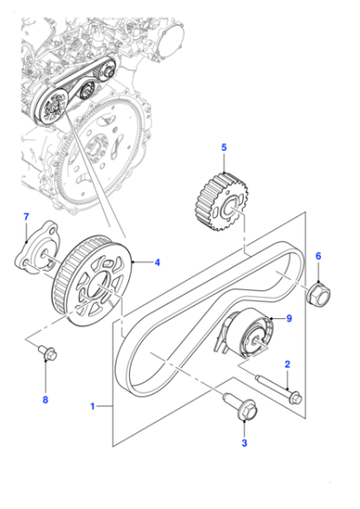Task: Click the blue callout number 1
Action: (x=93, y=406)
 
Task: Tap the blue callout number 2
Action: (x=287, y=364)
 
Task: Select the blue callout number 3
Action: (x=245, y=443)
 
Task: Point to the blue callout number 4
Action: (x=157, y=263)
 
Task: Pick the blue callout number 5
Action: (x=224, y=147)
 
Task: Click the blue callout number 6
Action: (x=318, y=256)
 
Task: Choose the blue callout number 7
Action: (x=26, y=217)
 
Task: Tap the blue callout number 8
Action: (x=45, y=400)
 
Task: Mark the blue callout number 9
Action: (x=289, y=318)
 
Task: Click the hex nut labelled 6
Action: (x=319, y=294)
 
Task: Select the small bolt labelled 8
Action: (x=47, y=353)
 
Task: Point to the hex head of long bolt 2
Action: (x=295, y=398)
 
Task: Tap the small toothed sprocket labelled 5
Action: (x=222, y=202)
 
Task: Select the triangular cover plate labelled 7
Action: (x=36, y=246)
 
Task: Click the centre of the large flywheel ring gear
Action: (x=101, y=150)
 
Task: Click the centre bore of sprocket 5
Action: (x=231, y=209)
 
